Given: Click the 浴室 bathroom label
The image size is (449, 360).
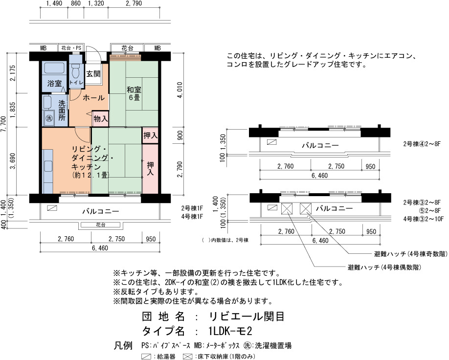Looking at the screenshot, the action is click(54, 83).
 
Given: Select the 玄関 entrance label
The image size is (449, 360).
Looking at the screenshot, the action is click(93, 73).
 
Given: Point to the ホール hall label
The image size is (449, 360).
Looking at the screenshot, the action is click(93, 98).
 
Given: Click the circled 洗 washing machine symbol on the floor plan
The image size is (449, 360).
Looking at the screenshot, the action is click(49, 118).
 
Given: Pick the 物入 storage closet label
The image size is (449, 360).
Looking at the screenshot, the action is click(101, 118).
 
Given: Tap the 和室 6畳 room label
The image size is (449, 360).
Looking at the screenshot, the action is click(134, 93).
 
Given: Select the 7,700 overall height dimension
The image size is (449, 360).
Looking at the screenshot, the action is click(3, 124).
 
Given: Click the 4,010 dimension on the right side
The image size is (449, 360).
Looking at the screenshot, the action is click(180, 90).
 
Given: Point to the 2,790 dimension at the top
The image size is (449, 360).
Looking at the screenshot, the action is click(134, 3).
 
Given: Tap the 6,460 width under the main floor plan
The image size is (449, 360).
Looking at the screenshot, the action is click(100, 248).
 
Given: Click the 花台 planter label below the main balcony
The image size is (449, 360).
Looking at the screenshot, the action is click(100, 225).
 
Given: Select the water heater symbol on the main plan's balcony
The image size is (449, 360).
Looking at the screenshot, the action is click(52, 208).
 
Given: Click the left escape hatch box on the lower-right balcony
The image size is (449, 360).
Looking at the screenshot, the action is click(287, 208).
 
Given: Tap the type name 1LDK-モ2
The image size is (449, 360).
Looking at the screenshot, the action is click(230, 331).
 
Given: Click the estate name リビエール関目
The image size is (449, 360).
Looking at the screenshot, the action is click(247, 316).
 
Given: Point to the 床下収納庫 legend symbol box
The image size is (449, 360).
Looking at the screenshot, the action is click(187, 357).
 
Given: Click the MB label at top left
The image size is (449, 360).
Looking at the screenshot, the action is click(43, 48).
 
